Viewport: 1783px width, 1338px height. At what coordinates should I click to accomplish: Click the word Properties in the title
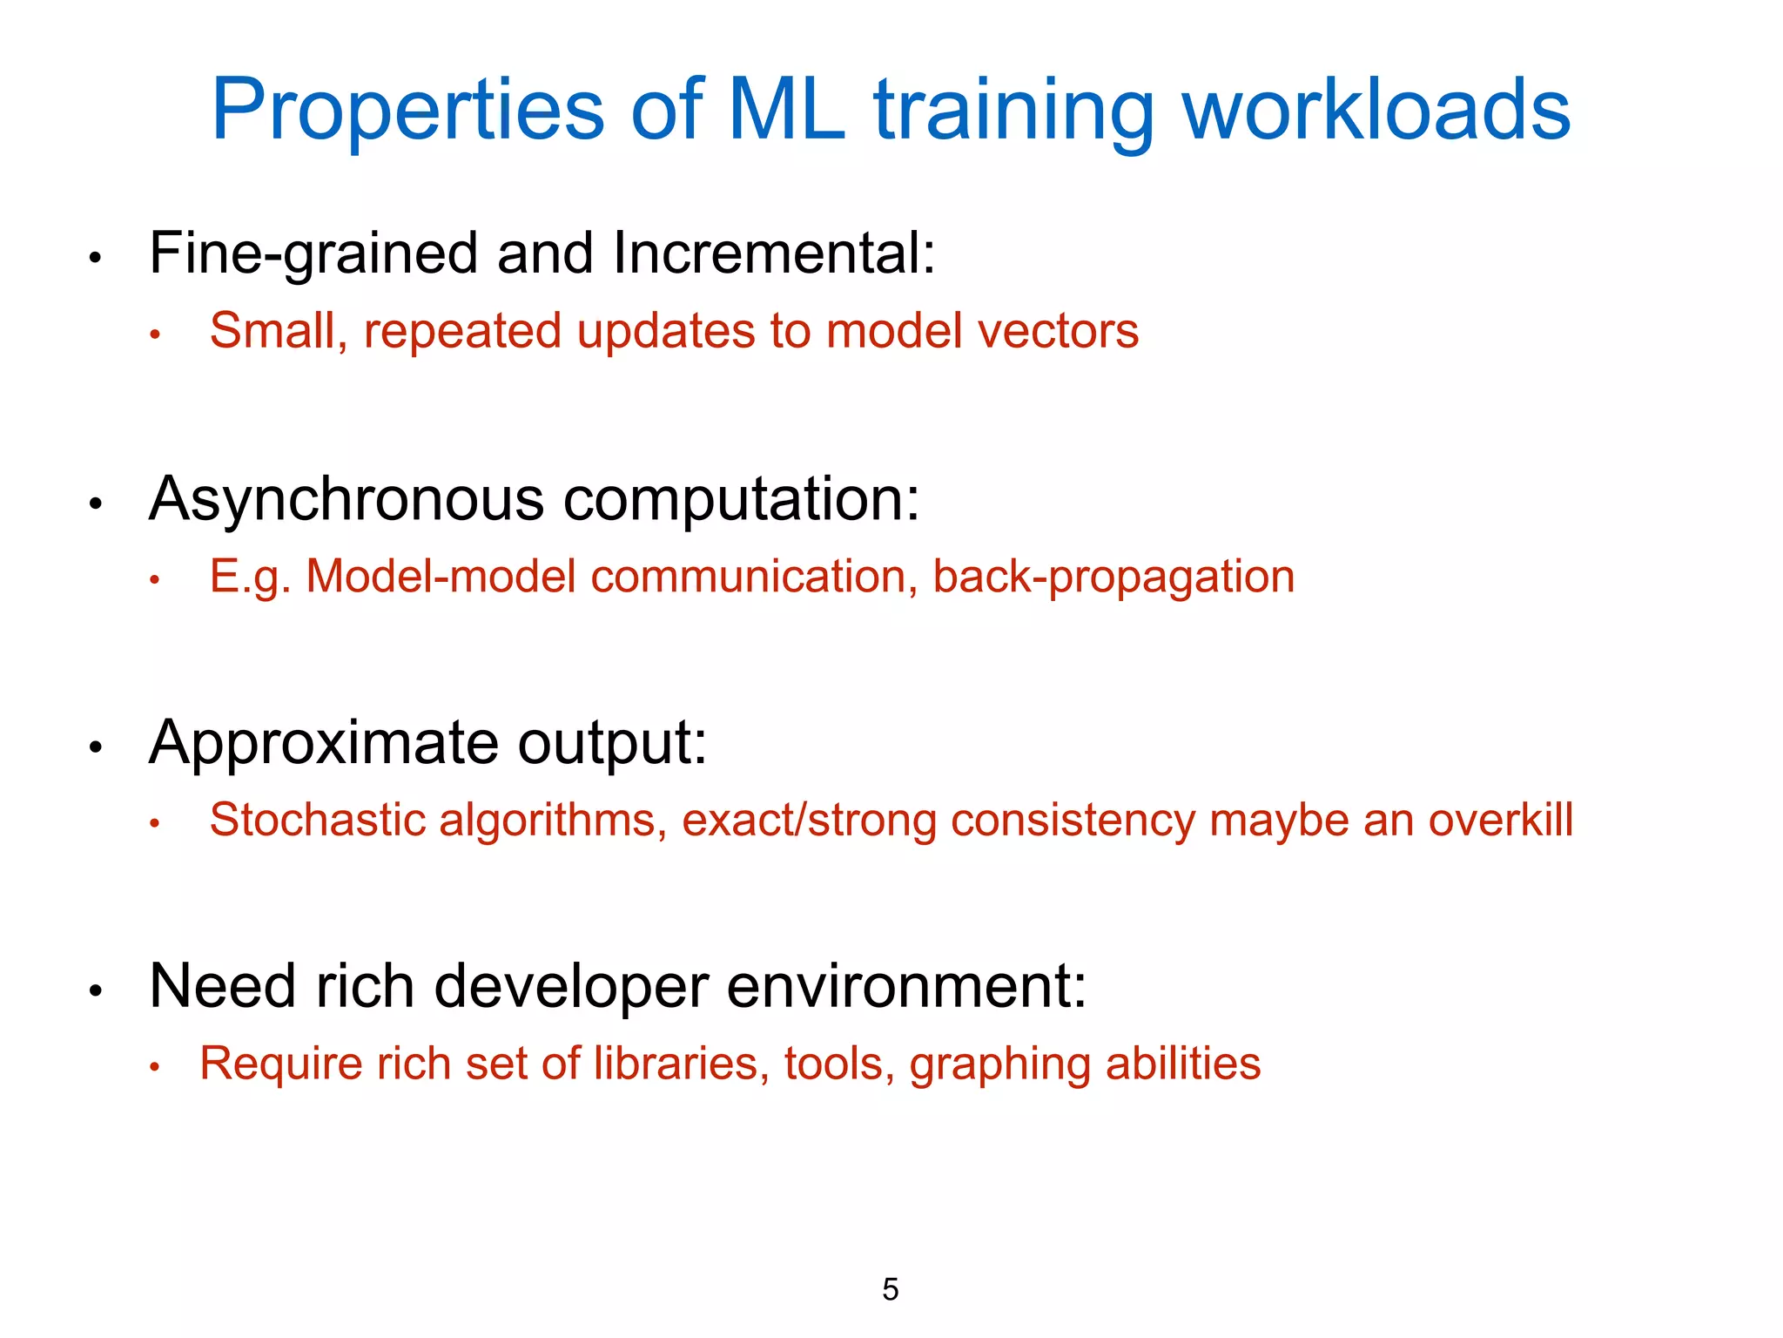coord(407,111)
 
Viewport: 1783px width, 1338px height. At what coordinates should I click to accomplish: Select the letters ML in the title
coord(785,111)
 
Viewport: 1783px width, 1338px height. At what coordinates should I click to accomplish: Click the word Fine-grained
coord(313,254)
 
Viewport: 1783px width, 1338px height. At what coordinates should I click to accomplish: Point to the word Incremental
coord(773,254)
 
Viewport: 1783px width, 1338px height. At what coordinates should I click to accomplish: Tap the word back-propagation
coord(1114,578)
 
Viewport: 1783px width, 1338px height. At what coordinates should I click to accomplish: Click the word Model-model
coord(441,578)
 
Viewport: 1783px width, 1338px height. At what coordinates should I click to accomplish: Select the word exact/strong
coord(809,821)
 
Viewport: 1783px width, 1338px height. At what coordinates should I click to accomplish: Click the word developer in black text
coord(571,987)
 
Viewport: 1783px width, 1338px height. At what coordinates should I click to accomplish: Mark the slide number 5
coord(890,1289)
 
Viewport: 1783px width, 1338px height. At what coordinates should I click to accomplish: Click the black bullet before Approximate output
coord(97,747)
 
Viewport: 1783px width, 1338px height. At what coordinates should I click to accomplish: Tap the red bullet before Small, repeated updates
coord(155,335)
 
